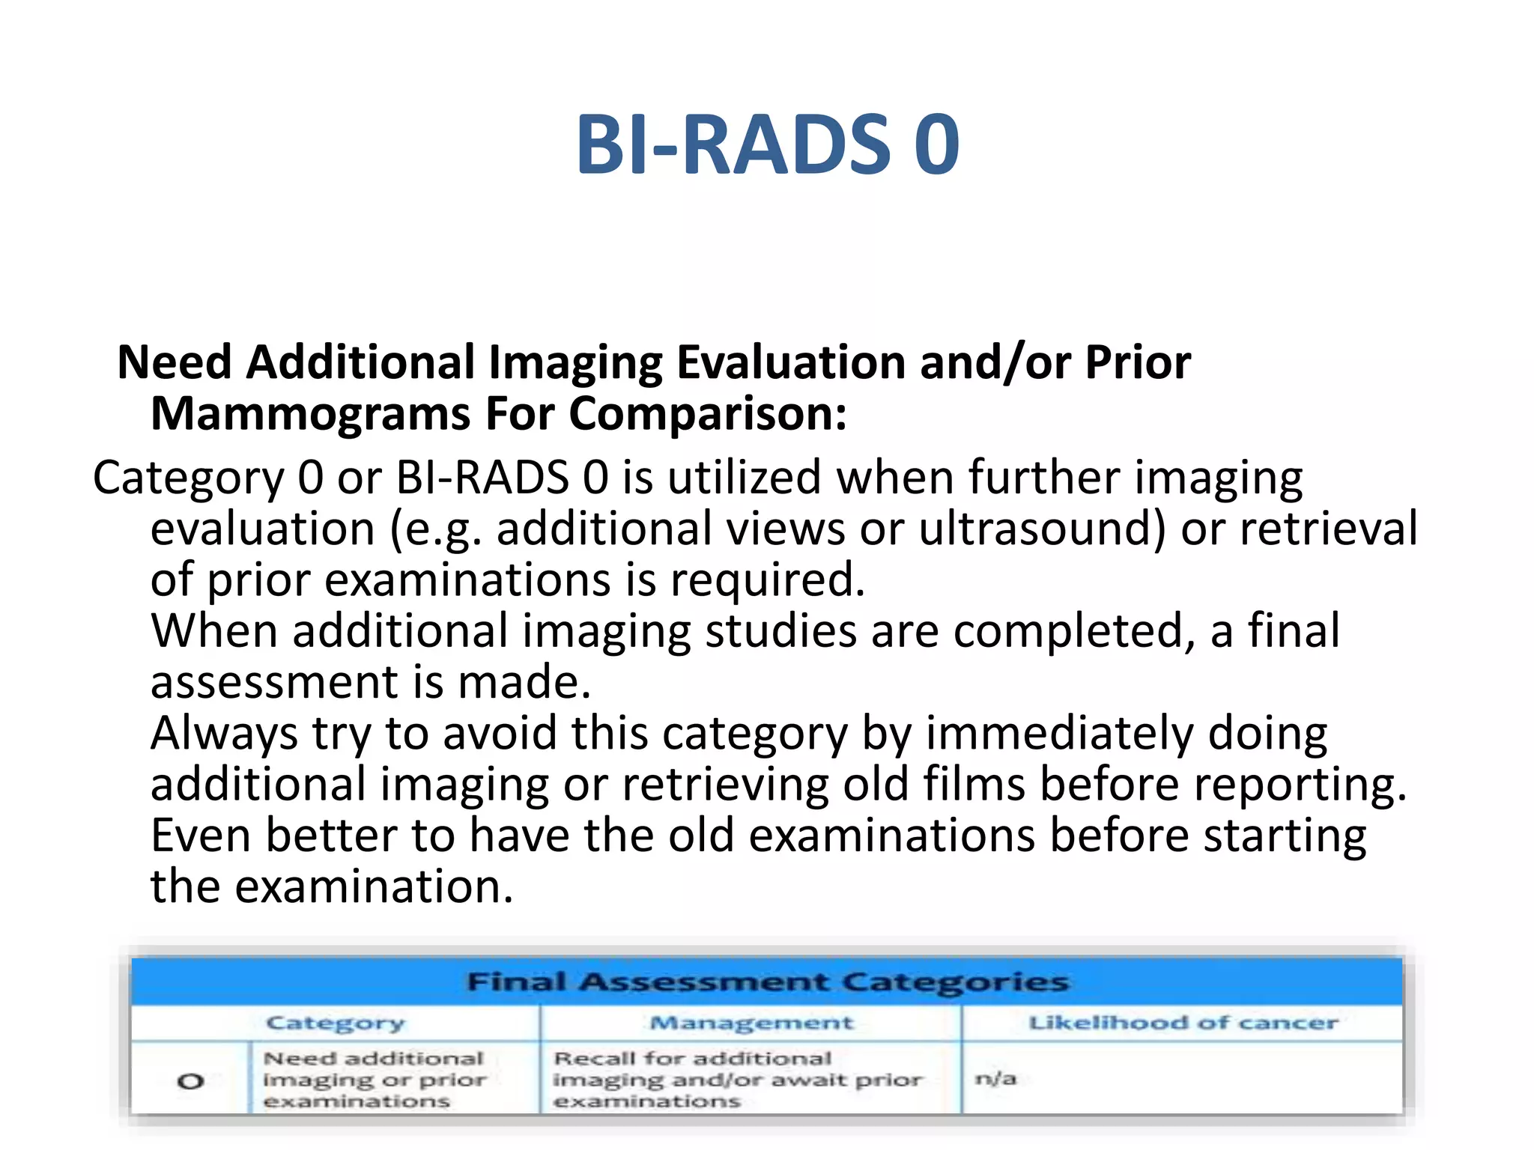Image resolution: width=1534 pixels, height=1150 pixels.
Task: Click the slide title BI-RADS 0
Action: (767, 144)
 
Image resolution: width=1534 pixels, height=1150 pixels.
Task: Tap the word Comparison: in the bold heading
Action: (708, 414)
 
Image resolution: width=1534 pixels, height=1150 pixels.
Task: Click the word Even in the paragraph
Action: (201, 836)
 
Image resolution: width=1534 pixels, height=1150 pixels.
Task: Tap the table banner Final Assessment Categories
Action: (767, 982)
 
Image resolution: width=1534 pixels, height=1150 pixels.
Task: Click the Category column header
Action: (335, 1023)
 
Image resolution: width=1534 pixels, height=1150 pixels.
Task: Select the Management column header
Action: (751, 1023)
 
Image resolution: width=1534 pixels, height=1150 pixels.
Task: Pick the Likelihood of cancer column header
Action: (1183, 1023)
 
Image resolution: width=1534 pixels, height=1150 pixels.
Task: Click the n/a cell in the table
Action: (995, 1079)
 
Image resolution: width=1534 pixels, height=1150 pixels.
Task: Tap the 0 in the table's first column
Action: (190, 1081)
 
